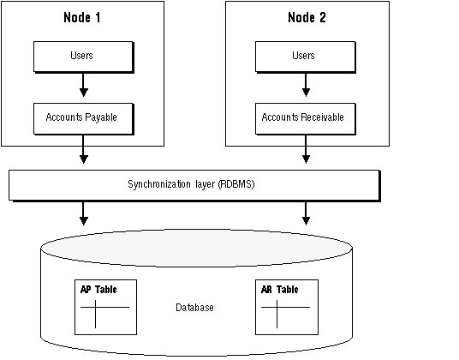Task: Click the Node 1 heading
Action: coord(82,18)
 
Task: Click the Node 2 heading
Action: coord(307,18)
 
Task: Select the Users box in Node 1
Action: coord(84,57)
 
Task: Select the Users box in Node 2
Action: coord(306,57)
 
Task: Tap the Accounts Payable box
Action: coord(84,119)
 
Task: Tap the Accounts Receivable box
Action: coord(306,119)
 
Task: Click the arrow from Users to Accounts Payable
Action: coord(84,85)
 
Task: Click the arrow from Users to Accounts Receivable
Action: coord(306,85)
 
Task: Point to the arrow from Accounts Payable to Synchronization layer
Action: coord(84,149)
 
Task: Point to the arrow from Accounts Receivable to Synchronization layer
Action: coord(306,149)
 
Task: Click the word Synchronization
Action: coord(159,184)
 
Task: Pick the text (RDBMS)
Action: coord(236,184)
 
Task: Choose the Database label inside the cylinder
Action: coord(194,308)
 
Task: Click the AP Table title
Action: coord(98,290)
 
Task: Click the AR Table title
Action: coord(279,290)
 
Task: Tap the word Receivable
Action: coord(322,117)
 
